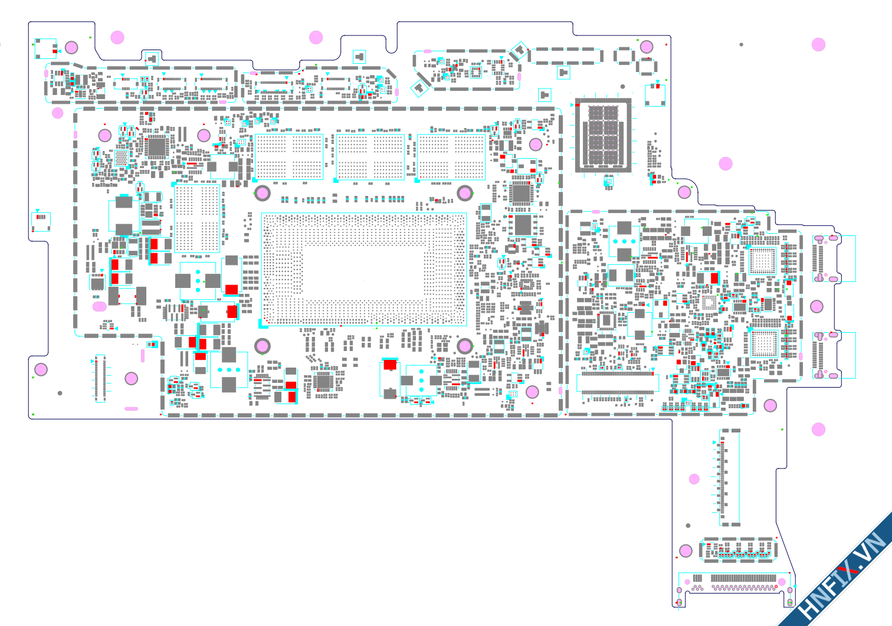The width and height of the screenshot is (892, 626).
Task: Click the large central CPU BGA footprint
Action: pos(363,269)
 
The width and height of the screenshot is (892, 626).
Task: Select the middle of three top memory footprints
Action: pos(370,156)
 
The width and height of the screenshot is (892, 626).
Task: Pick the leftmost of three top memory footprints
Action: pos(289,156)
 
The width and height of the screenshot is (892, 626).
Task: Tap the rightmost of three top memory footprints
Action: pos(451,156)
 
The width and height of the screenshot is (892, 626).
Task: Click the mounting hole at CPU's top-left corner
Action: pos(262,192)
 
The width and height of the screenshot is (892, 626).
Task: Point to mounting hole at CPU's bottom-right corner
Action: pos(465,346)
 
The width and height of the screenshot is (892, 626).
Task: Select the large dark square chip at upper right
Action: pos(603,135)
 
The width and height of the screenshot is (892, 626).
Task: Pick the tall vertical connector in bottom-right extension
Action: pos(729,477)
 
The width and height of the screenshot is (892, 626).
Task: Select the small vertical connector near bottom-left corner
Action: pos(100,378)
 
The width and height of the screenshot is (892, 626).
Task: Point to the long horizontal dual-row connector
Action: pos(617,383)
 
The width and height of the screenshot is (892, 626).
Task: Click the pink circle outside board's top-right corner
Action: pos(818,45)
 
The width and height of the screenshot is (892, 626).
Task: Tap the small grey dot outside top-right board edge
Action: pos(741,44)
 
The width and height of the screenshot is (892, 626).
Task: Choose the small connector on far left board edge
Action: pos(41,221)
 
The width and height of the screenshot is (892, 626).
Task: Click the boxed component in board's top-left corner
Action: pos(45,48)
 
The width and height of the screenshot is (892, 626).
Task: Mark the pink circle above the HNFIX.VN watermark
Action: pos(818,430)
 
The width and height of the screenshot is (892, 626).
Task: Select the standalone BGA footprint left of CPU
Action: pos(197,218)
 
